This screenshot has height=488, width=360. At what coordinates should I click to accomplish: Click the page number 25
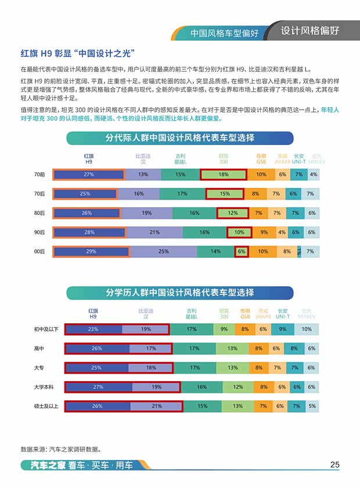point(334,464)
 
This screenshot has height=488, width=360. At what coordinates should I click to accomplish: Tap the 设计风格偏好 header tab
point(310,31)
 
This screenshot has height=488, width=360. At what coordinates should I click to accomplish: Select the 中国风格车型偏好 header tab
point(225,33)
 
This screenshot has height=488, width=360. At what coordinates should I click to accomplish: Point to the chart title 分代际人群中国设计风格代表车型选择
point(180,138)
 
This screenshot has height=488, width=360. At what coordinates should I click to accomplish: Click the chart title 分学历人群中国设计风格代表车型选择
point(179,292)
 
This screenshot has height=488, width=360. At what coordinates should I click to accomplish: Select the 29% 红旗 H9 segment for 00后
point(89,251)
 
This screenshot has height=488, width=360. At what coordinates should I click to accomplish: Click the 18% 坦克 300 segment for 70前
point(224,175)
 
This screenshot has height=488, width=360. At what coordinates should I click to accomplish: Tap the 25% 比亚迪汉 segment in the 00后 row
point(163,251)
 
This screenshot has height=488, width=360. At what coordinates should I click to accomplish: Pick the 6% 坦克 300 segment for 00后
point(242,251)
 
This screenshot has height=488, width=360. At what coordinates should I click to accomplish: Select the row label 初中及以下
point(46,330)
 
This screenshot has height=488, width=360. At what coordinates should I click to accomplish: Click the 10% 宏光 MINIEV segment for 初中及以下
point(306,330)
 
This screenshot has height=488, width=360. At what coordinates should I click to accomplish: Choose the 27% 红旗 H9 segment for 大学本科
point(98,386)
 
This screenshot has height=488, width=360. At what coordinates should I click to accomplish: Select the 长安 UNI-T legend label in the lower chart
point(283,313)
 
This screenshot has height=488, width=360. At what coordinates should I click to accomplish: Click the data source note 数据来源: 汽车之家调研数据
point(61,449)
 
